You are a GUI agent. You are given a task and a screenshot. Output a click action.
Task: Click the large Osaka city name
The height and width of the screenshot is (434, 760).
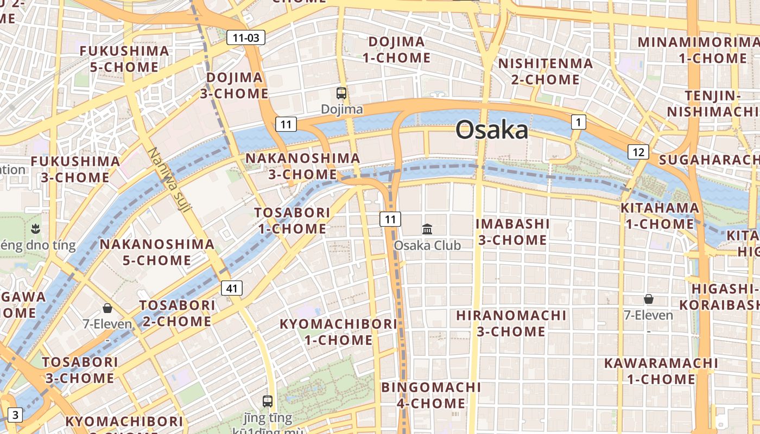coord(491,130)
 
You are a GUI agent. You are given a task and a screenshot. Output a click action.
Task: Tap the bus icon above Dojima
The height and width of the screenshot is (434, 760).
coord(341,93)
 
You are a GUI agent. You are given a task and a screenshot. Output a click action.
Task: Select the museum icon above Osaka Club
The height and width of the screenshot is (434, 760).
coord(427,229)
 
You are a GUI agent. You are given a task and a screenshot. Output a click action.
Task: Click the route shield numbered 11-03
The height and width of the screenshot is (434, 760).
coord(246,37)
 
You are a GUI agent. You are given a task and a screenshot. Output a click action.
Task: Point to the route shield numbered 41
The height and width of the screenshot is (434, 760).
coord(232,288)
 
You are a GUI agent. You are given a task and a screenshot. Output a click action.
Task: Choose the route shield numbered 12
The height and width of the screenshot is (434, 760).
coord(638,152)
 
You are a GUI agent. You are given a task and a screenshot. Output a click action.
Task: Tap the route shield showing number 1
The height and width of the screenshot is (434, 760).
coord(579,123)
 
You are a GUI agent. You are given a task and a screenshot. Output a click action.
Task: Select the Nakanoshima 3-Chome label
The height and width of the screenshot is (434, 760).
coord(302,166)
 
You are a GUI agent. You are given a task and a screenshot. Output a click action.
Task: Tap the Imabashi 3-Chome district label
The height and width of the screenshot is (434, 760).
coord(512,232)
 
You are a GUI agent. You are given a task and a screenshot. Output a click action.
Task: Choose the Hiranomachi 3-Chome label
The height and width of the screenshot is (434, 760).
coord(511,323)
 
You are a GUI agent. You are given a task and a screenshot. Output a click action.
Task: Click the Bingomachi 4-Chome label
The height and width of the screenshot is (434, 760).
coord(431,395)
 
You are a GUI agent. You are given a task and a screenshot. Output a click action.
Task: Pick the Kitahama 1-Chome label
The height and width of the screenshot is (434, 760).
coord(660,215)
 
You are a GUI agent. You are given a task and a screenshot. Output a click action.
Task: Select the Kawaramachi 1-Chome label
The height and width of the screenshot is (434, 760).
coord(661,371)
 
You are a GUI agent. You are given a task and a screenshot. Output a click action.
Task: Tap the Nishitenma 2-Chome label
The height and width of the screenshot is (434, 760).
coord(546,71)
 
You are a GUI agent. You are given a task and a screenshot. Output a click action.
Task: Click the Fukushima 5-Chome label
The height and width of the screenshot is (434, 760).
coord(124,59)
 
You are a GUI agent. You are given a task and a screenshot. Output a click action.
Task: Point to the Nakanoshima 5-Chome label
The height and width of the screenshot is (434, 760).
coord(157,252)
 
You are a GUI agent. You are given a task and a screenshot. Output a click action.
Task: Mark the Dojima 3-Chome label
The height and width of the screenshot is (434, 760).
coord(235,85)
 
